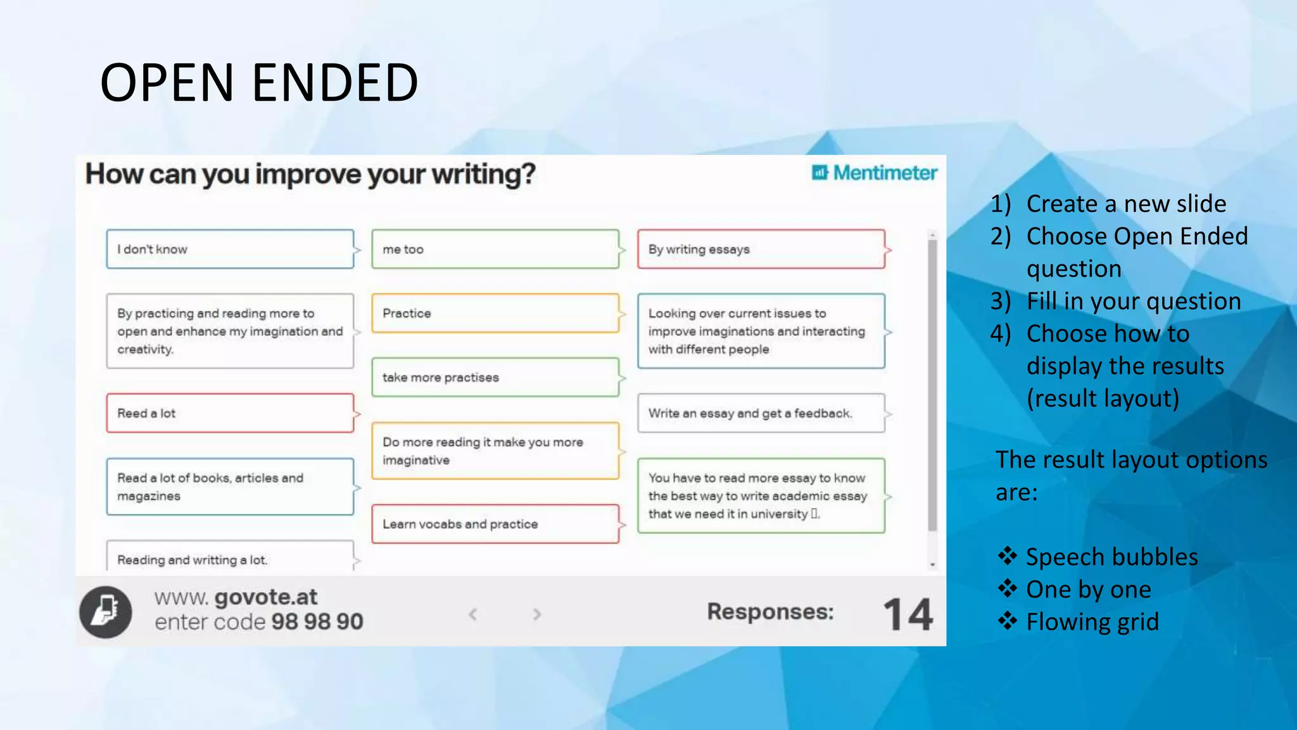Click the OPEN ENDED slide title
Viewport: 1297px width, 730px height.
click(x=259, y=83)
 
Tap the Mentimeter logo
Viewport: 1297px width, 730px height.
click(x=874, y=173)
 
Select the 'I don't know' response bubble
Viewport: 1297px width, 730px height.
click(x=230, y=249)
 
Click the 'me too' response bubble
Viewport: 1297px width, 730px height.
click(x=495, y=249)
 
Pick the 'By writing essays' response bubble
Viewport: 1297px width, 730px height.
click(x=761, y=249)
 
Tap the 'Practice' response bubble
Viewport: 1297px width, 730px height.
click(x=495, y=313)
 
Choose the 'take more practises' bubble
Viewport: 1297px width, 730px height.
click(x=495, y=377)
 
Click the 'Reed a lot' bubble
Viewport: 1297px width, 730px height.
click(x=230, y=413)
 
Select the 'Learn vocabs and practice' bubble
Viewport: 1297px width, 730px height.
click(x=495, y=524)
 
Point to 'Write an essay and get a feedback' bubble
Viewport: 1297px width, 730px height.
click(x=761, y=413)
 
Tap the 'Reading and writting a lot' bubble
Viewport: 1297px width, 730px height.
click(x=230, y=558)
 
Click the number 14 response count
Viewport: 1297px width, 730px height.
click(x=908, y=614)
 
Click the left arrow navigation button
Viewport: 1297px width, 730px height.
click(x=473, y=614)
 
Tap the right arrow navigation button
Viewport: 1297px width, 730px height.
click(x=537, y=614)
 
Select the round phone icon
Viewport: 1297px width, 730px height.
click(x=106, y=612)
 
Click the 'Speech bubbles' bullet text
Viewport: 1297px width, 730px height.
click(x=1111, y=557)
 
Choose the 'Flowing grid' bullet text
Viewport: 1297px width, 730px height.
click(x=1092, y=622)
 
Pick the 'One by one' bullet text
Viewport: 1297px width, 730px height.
click(x=1088, y=590)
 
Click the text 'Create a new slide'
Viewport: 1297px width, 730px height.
click(x=1126, y=204)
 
